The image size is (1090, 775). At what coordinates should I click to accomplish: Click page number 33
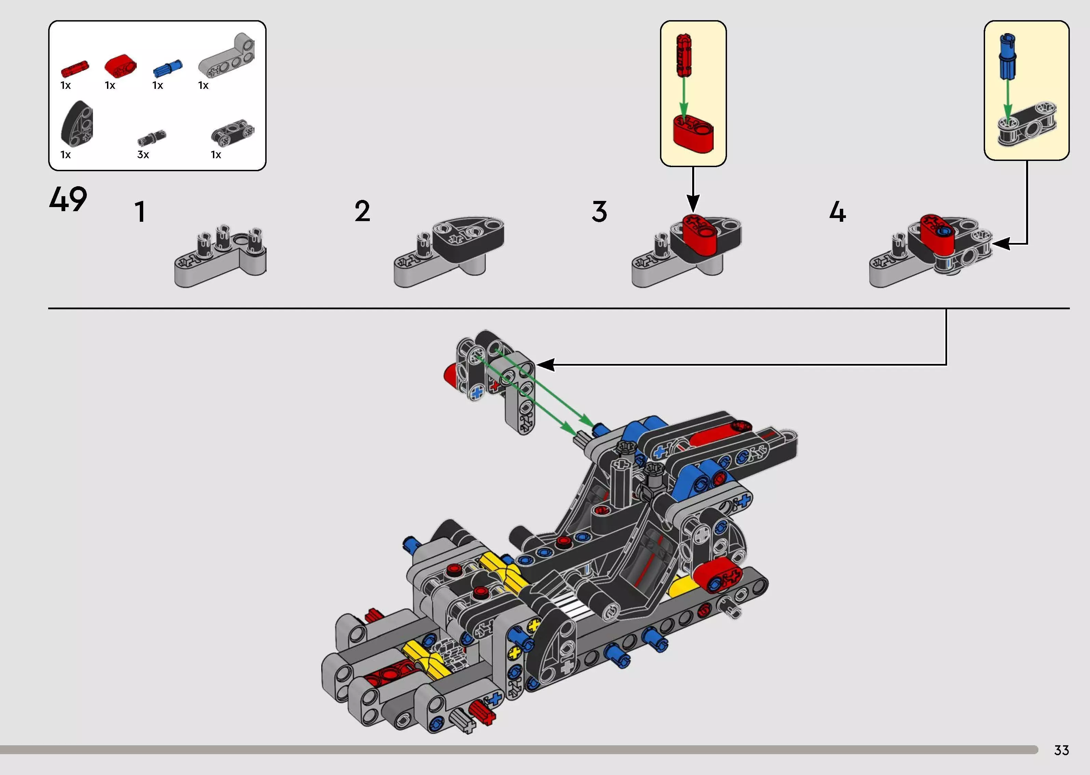1061,750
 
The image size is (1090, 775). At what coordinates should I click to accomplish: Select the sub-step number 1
140,212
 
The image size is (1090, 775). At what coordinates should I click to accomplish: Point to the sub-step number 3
600,212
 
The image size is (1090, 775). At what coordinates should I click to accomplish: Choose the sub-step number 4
837,212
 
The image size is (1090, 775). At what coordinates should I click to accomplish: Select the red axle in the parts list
75,69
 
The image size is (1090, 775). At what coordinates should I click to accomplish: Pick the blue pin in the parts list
167,68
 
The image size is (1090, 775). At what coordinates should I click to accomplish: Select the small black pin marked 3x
152,138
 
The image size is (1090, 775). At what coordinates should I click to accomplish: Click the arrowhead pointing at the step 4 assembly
1000,244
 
